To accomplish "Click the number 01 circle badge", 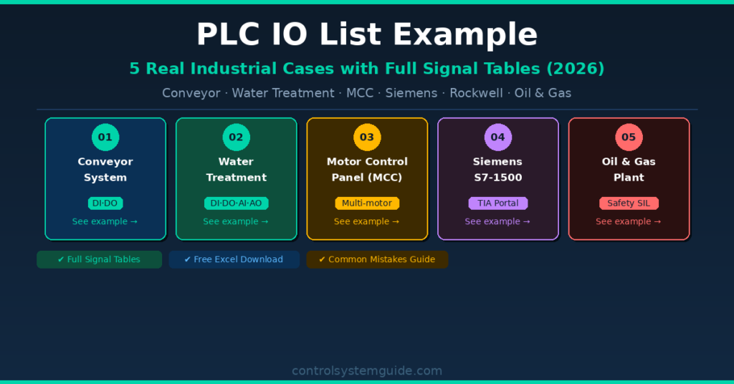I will (x=105, y=137).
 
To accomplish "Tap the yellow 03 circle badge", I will (x=367, y=137).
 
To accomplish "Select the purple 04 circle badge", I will (x=497, y=137).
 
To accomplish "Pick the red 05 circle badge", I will (x=629, y=137).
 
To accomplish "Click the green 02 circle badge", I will (x=236, y=137).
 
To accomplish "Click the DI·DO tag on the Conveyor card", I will (x=105, y=203).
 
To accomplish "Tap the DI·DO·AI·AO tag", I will (x=236, y=203).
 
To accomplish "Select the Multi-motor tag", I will (x=367, y=203).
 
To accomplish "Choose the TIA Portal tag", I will (x=497, y=203).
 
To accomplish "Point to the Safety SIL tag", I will (x=629, y=203).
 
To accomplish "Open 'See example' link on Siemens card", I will (x=497, y=221).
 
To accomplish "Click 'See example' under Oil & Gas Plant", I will (x=629, y=221).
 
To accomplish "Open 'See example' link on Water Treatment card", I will (x=236, y=221).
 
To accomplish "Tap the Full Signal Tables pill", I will (x=99, y=259).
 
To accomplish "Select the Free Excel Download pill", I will (x=234, y=259).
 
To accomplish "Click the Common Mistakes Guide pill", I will (x=377, y=259).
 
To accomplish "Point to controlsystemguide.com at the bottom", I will (x=367, y=370).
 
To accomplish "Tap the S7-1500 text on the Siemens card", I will (x=497, y=177).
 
